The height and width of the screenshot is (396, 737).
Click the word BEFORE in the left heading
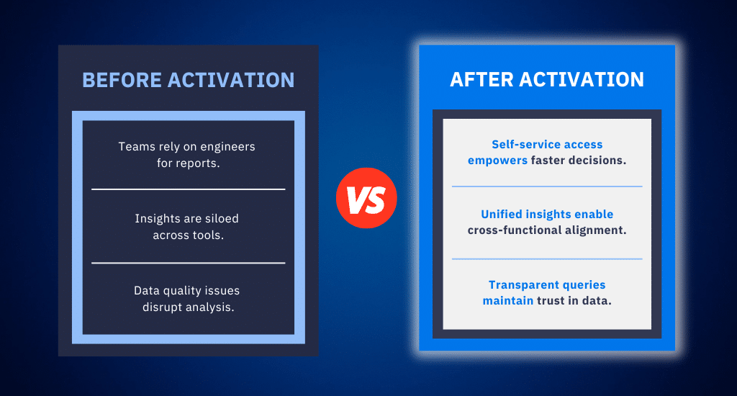[122, 80]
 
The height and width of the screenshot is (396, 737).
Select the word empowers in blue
[497, 161]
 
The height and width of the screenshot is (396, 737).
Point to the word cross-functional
[515, 230]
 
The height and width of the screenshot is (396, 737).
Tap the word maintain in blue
[507, 301]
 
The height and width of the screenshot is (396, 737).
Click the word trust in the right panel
[551, 301]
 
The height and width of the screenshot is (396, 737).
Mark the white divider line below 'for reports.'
[188, 189]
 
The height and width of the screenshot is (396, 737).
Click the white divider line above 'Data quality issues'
[188, 263]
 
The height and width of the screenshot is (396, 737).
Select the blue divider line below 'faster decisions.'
[546, 186]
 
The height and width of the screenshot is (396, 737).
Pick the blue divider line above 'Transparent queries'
[546, 258]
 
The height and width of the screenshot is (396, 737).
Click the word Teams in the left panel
[135, 147]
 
